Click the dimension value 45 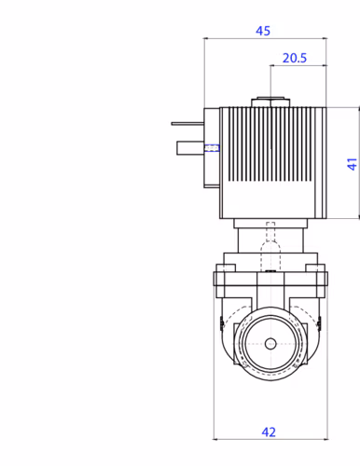[263, 31]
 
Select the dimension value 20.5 [295, 58]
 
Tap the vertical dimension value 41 [352, 163]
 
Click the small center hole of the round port [270, 344]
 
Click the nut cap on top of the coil [270, 102]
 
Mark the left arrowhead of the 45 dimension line [206, 40]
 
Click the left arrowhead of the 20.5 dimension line [273, 67]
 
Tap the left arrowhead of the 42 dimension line [217, 438]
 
